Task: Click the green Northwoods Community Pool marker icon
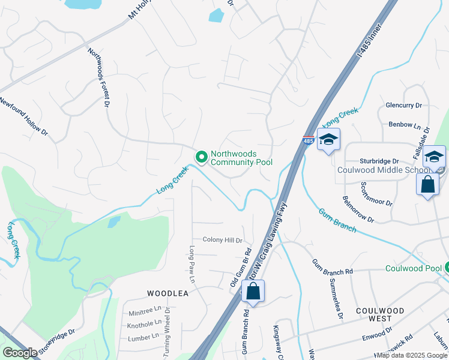[x=201, y=157]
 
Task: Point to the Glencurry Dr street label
[x=404, y=105]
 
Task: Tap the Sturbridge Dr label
[x=379, y=161]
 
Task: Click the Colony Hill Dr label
[x=222, y=240]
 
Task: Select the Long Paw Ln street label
[x=193, y=264]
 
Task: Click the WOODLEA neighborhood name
[x=168, y=293]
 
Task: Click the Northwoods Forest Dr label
[x=99, y=79]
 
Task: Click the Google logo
[x=20, y=353]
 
